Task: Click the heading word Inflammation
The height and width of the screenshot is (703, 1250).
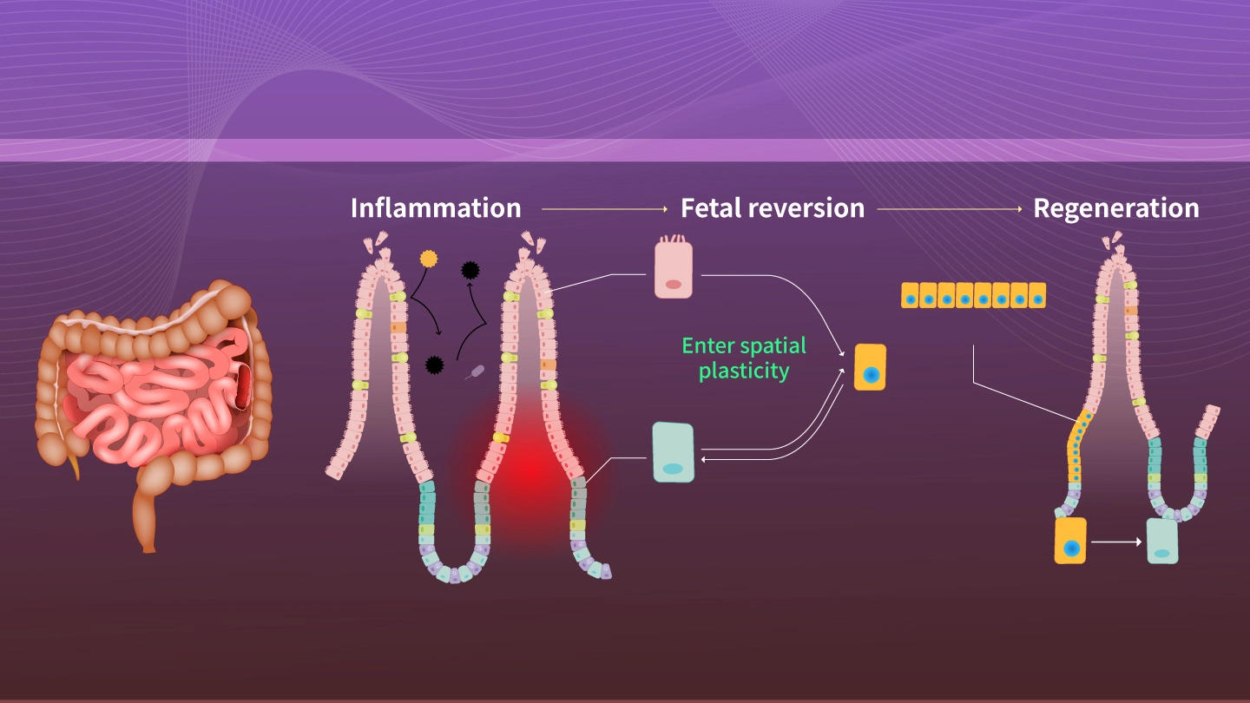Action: click(x=436, y=209)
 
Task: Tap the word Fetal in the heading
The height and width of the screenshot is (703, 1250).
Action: click(x=709, y=209)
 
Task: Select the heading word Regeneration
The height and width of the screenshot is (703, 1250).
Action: click(x=1115, y=209)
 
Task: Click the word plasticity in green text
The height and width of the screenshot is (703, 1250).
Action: click(x=744, y=371)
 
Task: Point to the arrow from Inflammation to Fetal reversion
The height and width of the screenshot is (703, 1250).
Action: click(x=603, y=210)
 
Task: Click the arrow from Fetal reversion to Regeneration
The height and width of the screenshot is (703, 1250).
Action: click(x=950, y=210)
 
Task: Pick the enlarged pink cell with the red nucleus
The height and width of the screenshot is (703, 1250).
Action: click(x=673, y=270)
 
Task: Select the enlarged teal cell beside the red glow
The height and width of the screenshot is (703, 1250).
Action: click(x=673, y=452)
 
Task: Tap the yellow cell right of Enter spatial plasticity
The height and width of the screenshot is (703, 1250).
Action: click(x=870, y=367)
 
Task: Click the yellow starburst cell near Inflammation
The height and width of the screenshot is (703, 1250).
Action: click(x=428, y=259)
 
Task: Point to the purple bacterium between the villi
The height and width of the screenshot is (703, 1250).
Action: click(x=475, y=371)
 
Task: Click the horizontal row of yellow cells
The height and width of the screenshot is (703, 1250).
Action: click(x=973, y=295)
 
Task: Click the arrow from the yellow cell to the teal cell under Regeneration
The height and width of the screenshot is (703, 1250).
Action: click(x=1116, y=542)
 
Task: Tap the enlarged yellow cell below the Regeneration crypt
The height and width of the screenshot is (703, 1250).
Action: click(x=1070, y=541)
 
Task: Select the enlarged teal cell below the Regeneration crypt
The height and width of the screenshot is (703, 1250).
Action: click(x=1161, y=541)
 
